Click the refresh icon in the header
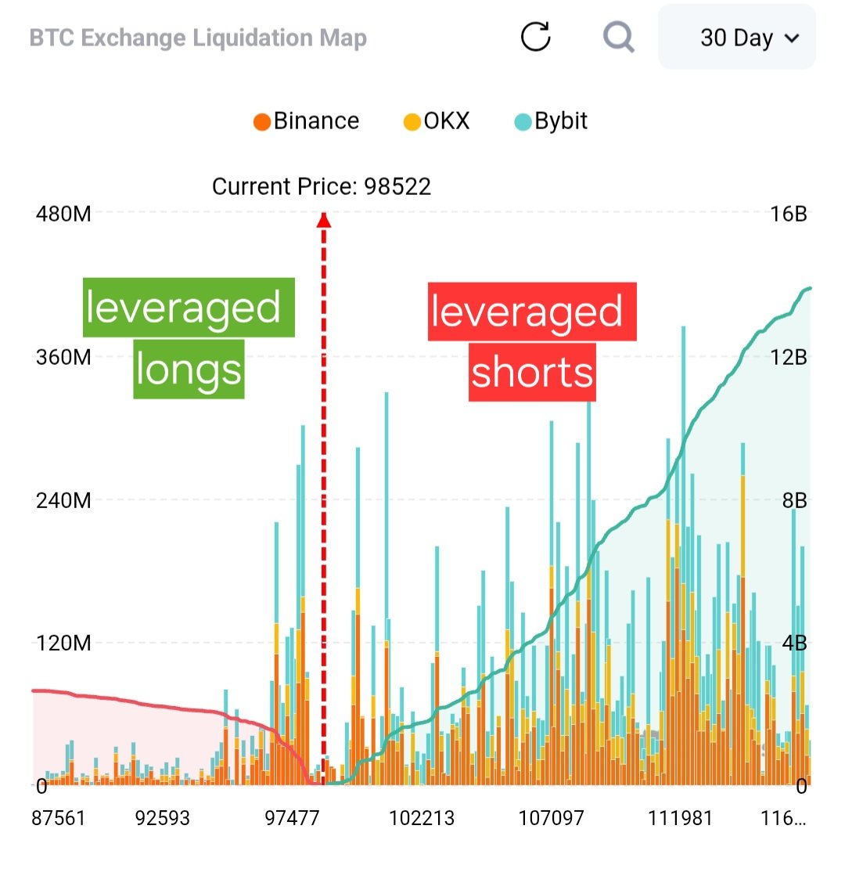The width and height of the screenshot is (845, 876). click(x=536, y=37)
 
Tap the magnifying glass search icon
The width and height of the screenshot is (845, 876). click(x=618, y=37)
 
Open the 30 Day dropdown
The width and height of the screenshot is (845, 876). click(x=737, y=38)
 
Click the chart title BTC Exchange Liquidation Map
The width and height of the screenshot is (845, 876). click(x=198, y=38)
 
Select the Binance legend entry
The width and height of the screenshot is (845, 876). click(x=307, y=121)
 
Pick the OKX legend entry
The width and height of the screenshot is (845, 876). click(x=437, y=121)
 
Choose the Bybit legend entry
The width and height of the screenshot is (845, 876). click(x=551, y=121)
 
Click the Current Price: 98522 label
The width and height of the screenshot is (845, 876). click(x=322, y=186)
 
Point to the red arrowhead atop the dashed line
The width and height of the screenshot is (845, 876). click(x=323, y=221)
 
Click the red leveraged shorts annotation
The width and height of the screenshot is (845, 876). click(x=532, y=342)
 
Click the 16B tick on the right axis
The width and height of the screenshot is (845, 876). click(x=789, y=214)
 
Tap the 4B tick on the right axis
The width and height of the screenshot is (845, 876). click(x=794, y=643)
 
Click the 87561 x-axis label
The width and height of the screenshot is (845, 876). click(x=58, y=818)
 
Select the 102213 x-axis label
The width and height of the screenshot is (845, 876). click(x=422, y=818)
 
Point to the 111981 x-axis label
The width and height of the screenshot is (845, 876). click(x=680, y=818)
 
